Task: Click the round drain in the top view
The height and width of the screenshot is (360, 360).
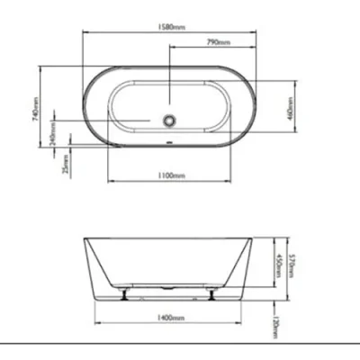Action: tap(167, 119)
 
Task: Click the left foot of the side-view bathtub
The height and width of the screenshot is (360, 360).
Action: tap(123, 293)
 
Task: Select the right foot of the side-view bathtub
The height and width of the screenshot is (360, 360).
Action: tap(211, 293)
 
